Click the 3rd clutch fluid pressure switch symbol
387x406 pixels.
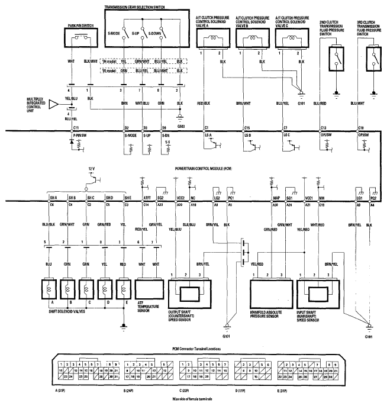374,57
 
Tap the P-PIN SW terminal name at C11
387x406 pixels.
76,136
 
